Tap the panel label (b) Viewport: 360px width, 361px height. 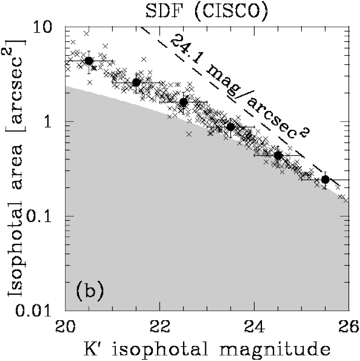(x=90, y=290)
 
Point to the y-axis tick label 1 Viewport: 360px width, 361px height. (x=54, y=122)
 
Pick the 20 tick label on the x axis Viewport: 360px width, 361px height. (x=65, y=325)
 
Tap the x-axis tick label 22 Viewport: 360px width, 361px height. (x=160, y=325)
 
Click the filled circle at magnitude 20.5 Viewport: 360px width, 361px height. (x=89, y=61)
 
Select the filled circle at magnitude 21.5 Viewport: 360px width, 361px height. (x=136, y=82)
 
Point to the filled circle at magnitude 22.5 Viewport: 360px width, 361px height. (x=183, y=102)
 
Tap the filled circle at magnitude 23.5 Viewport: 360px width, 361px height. (x=231, y=127)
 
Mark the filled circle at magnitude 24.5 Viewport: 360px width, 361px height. (x=278, y=155)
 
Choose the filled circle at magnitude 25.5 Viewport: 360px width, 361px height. (x=325, y=180)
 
